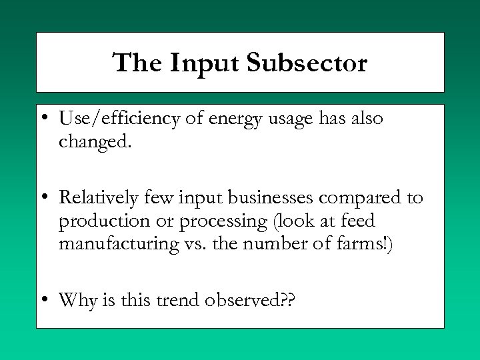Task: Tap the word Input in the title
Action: [205, 63]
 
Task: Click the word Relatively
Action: [99, 198]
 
